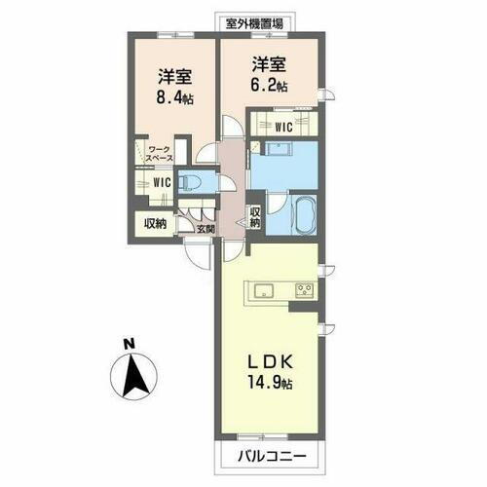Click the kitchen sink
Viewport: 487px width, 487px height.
pyautogui.click(x=264, y=290)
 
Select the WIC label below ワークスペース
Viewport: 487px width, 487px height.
pyautogui.click(x=161, y=181)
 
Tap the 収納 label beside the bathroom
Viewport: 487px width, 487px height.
pyautogui.click(x=255, y=218)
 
